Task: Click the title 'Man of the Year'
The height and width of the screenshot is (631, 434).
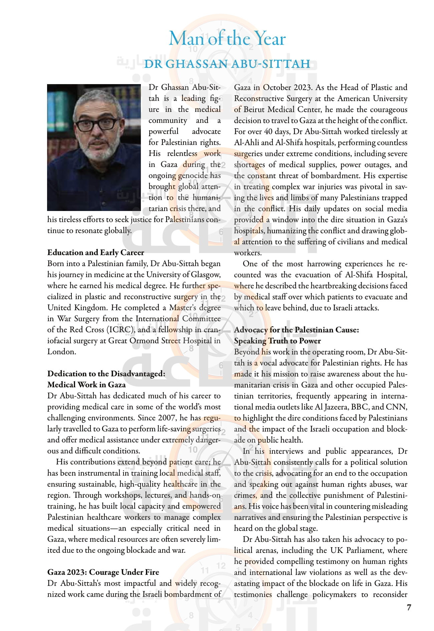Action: (x=227, y=38)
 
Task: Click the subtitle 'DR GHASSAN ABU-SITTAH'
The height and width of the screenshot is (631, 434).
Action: (x=227, y=63)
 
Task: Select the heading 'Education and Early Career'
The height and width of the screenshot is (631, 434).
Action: (x=96, y=252)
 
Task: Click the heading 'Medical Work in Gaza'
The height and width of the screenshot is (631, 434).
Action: (x=86, y=385)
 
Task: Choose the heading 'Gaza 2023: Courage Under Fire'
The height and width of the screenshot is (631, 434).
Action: (x=103, y=572)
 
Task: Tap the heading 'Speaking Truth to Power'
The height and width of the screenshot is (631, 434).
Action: (x=277, y=341)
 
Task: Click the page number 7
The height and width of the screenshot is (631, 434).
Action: (x=409, y=607)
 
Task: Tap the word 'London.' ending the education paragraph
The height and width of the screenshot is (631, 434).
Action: (x=62, y=352)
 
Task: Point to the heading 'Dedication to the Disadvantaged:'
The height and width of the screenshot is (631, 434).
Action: (x=106, y=374)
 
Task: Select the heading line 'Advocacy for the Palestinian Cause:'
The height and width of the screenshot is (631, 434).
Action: (x=296, y=330)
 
